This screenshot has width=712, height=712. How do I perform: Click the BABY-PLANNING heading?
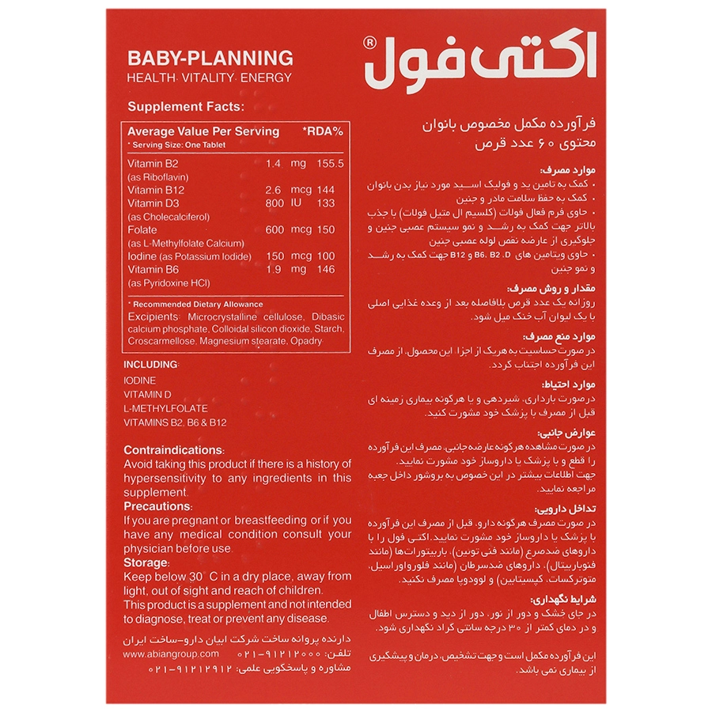(210, 58)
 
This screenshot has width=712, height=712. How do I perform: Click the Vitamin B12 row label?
(156, 190)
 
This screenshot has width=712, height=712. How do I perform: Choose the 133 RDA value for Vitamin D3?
(325, 203)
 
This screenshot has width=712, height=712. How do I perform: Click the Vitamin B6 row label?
(153, 270)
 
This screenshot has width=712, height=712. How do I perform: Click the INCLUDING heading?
(152, 365)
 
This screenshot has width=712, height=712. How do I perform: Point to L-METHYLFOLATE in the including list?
(165, 408)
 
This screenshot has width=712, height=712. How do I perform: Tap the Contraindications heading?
(174, 450)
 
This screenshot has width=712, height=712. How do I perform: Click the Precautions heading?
(157, 506)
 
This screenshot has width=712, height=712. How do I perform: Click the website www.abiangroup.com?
(171, 654)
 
